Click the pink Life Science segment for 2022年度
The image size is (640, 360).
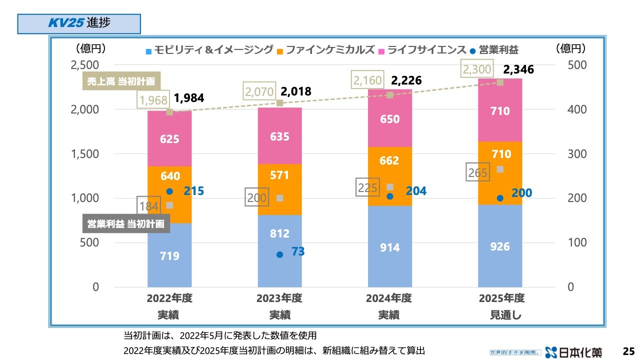[x=169, y=138]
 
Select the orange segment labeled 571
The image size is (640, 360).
[x=279, y=176]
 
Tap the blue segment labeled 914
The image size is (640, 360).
[x=389, y=247]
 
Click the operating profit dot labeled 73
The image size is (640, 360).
[x=279, y=254]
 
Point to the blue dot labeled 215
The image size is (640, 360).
[x=169, y=191]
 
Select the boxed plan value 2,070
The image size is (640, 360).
[x=260, y=91]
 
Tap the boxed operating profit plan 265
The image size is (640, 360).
[x=478, y=173]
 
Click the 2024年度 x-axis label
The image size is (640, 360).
[x=389, y=298]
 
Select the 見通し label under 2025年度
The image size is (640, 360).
[x=501, y=315]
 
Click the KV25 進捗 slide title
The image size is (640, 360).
[x=79, y=23]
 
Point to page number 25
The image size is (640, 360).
[x=628, y=350]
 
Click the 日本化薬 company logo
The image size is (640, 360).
[x=573, y=351]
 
